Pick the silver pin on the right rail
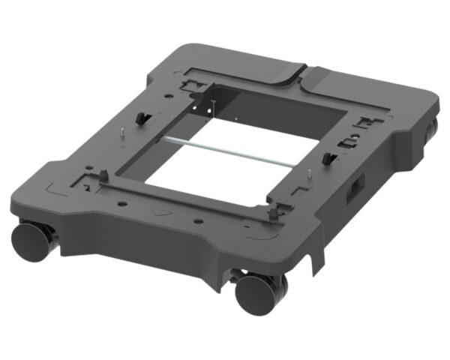pos(308,177)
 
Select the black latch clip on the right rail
pos(327,158)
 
